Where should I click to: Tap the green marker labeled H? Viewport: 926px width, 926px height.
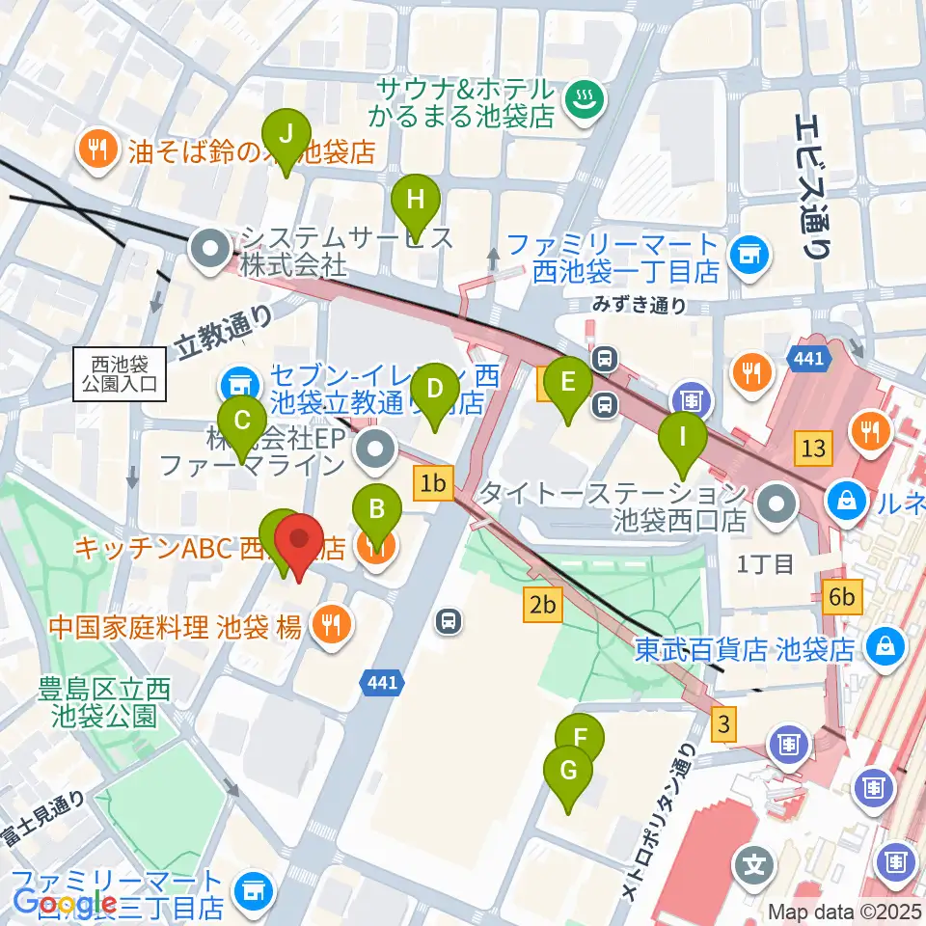point(416,201)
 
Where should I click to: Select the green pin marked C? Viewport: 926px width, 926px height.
point(242,422)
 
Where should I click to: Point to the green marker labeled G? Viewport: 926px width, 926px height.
point(568,772)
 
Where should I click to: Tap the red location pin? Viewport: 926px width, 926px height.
point(299,542)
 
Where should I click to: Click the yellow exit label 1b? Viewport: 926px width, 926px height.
point(434,484)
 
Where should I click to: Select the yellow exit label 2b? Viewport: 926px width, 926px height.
point(543,605)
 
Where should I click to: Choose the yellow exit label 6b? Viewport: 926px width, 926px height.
point(842,598)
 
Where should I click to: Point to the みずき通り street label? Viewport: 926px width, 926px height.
point(641,306)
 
